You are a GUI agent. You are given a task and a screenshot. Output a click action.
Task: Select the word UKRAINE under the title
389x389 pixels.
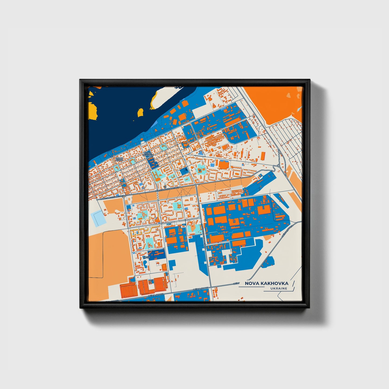pyautogui.click(x=279, y=289)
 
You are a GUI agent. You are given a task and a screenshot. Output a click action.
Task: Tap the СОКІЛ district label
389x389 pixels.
pyautogui.click(x=146, y=257)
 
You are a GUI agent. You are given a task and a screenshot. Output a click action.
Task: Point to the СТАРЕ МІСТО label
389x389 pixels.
pyautogui.click(x=119, y=159)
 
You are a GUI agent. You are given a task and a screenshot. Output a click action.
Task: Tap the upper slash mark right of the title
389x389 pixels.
pyautogui.click(x=293, y=283)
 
